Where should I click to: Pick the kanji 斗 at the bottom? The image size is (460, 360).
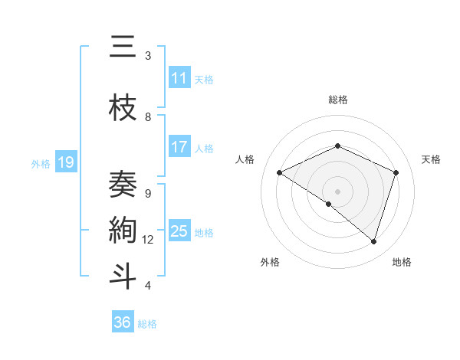point(123,277)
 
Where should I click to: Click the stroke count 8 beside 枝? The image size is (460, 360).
point(148,117)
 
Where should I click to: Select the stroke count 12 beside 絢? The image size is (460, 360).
point(148,240)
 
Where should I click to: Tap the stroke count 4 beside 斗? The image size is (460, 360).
point(148,286)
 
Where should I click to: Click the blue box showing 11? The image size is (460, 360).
point(179,78)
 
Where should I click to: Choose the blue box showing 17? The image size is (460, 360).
point(179,147)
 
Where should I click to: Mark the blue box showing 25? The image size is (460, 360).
point(179,231)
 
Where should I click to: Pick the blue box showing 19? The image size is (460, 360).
point(66,162)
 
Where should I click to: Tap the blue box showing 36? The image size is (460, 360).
point(123,322)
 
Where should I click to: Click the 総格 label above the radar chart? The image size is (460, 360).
point(338,100)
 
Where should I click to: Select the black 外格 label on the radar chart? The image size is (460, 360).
point(270,262)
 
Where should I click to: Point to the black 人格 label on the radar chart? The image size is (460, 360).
point(245,159)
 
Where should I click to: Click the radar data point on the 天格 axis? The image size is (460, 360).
point(396,172)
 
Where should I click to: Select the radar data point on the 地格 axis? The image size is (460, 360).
point(373,241)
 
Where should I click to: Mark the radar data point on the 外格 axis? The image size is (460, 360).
point(329,204)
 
